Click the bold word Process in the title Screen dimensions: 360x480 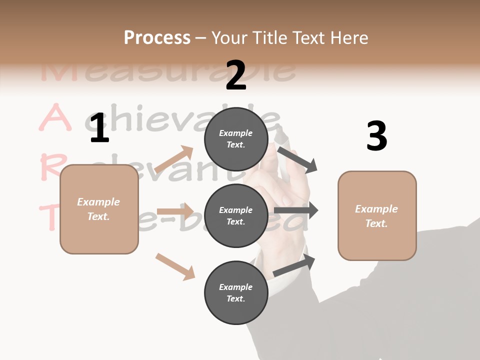(x=157, y=37)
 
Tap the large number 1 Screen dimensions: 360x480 (x=99, y=129)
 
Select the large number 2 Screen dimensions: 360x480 (x=236, y=75)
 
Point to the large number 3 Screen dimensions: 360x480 (x=376, y=136)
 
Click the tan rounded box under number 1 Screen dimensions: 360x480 (x=99, y=209)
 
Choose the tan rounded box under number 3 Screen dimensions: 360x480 (x=377, y=216)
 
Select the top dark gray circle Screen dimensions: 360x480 (x=236, y=139)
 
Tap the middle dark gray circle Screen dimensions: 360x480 (x=236, y=216)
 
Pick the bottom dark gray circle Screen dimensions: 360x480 (x=236, y=293)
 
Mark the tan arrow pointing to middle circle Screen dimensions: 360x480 (x=175, y=211)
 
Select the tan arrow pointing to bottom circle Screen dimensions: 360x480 (x=175, y=266)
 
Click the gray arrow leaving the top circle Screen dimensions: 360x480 (x=297, y=159)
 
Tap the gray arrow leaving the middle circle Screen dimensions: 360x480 (x=296, y=210)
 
